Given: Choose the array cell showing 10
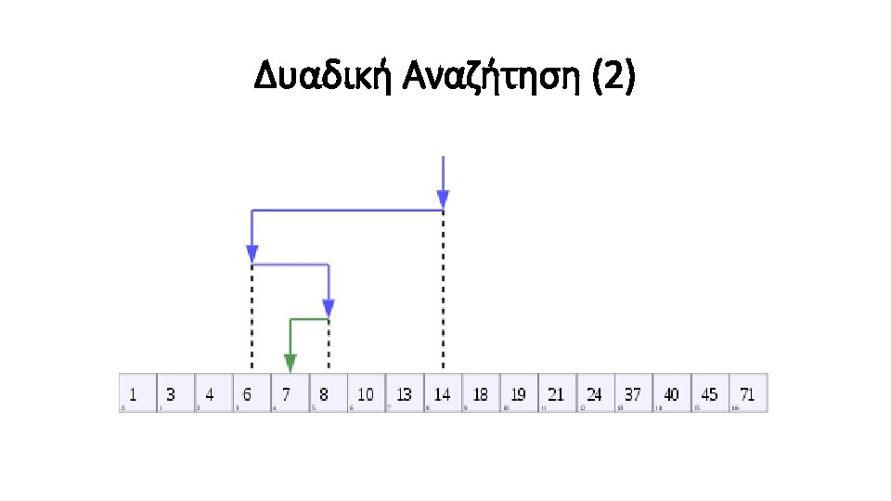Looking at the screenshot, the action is pyautogui.click(x=366, y=393).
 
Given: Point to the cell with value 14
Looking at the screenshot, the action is pyautogui.click(x=443, y=393).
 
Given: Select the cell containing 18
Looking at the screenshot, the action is pyautogui.click(x=481, y=393).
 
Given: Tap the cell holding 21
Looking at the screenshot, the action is pyautogui.click(x=557, y=393).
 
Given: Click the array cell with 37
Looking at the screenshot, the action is pyautogui.click(x=633, y=393).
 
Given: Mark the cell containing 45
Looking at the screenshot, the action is pyautogui.click(x=710, y=393).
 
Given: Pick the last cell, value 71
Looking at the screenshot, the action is pyautogui.click(x=748, y=393).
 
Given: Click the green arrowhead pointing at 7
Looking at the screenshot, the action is pyautogui.click(x=290, y=363).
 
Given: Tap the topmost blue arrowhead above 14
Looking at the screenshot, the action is pyautogui.click(x=443, y=199).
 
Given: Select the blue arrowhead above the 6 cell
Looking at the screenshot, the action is pyautogui.click(x=252, y=253).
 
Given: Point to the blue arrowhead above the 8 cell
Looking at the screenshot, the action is pyautogui.click(x=328, y=308).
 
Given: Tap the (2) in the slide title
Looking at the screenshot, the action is pyautogui.click(x=614, y=79).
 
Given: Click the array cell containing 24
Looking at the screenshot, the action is pyautogui.click(x=595, y=393).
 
